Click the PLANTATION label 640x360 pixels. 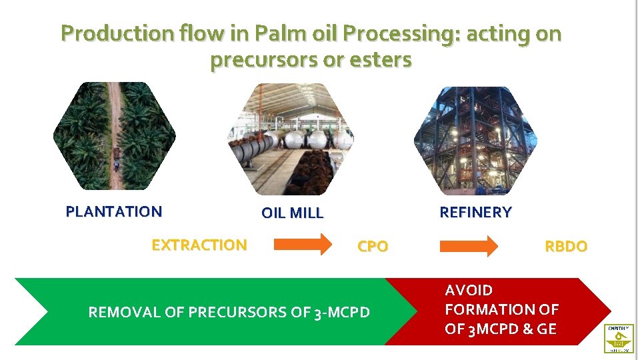click(114, 212)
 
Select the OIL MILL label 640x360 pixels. click(292, 213)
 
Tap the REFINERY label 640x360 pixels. click(475, 213)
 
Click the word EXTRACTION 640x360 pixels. click(199, 245)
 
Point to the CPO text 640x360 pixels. click(373, 247)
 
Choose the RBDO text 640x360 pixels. click(566, 247)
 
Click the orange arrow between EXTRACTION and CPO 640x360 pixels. click(303, 245)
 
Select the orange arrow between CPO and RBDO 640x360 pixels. click(468, 245)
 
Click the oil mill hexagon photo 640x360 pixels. click(291, 139)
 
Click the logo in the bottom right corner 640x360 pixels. click(619, 338)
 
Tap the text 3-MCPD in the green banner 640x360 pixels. click(341, 312)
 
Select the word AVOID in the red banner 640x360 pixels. click(469, 291)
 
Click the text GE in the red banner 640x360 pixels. click(547, 329)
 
